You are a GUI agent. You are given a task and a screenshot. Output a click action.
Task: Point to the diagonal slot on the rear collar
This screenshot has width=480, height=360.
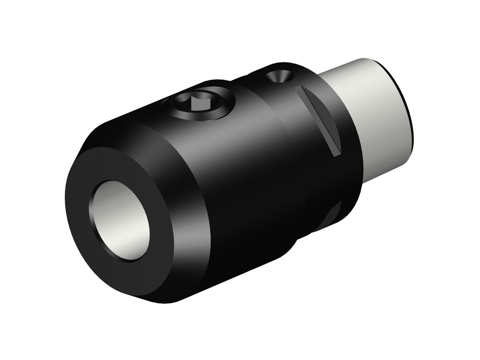(x=320, y=120)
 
